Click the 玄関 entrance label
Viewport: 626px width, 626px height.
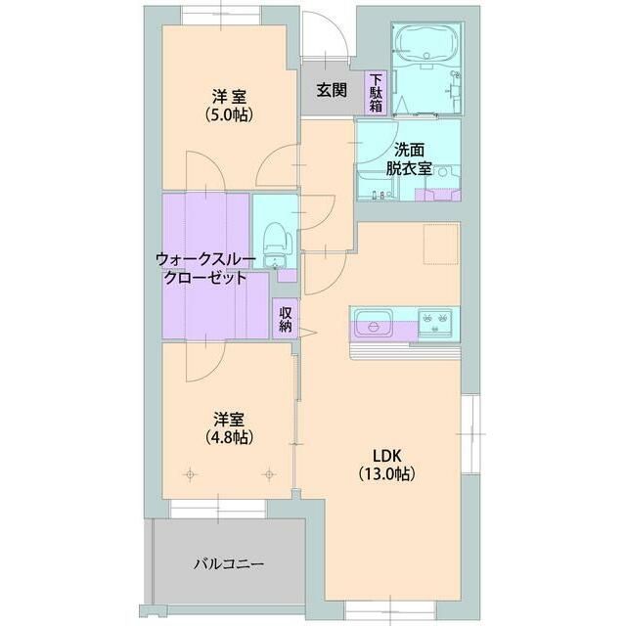tap(332, 90)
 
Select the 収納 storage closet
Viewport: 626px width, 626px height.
tap(285, 319)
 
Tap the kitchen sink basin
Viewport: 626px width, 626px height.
tap(374, 321)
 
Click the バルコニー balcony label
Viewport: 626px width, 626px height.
tap(228, 563)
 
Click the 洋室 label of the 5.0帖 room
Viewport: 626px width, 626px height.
tap(229, 97)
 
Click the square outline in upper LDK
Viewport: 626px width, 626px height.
tap(439, 245)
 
